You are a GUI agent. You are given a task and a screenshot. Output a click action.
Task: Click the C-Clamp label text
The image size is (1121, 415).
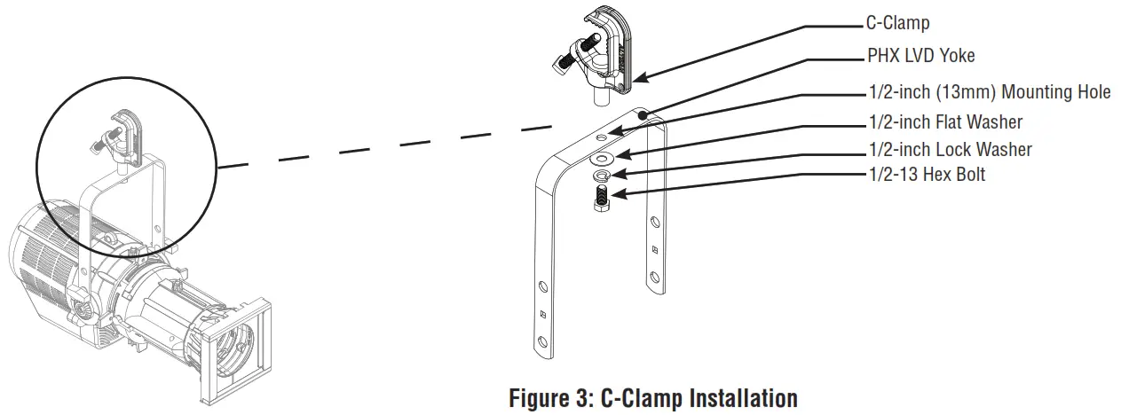898,24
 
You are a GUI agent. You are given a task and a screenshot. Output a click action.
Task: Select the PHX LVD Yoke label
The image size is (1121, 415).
920,56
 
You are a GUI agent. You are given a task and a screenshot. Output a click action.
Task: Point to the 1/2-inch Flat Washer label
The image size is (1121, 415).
944,121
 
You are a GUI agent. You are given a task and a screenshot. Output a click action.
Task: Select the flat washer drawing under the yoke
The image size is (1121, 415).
603,159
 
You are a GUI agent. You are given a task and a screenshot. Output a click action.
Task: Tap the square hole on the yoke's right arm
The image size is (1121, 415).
654,249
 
